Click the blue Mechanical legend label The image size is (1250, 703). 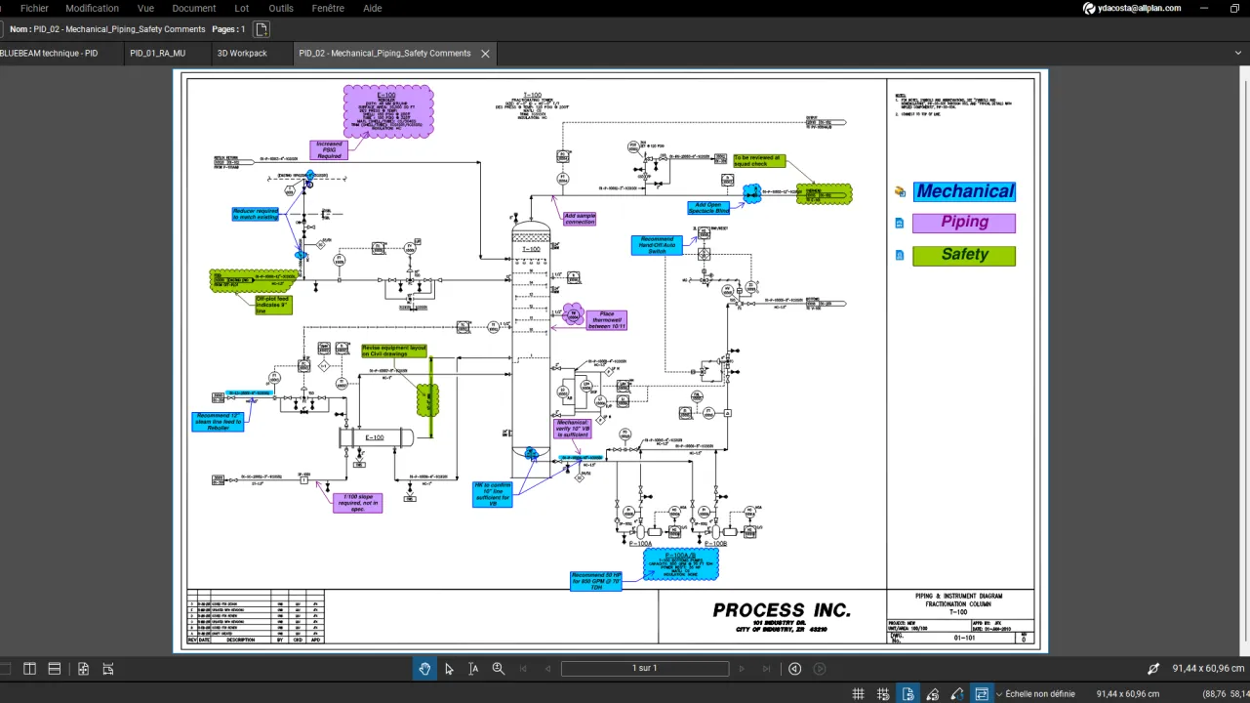964,191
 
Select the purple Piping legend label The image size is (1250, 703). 964,223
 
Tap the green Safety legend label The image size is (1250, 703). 964,255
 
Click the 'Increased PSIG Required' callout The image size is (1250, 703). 329,149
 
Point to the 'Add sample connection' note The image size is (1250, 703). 580,219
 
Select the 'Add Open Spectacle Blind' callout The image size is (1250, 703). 708,208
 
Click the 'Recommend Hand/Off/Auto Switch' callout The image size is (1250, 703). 658,245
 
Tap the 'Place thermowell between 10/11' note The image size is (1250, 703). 606,320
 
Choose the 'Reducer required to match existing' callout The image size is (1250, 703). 256,214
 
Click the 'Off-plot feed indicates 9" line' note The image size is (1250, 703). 273,305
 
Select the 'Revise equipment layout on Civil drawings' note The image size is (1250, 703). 394,351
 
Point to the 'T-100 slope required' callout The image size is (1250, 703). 357,503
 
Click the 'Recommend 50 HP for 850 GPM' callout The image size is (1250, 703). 595,581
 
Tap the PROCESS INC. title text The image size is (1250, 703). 782,610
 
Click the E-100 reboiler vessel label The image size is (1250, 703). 375,437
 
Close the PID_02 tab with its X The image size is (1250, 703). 485,54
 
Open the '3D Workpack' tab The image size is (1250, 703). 242,54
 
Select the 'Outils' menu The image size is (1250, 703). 281,8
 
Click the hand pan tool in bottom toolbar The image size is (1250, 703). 424,669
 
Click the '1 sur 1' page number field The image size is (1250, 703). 644,669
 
